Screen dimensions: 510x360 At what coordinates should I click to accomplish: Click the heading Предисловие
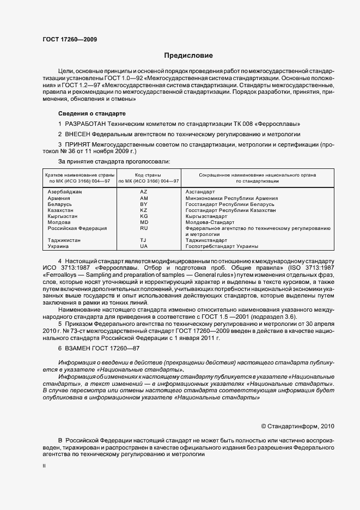click(x=188, y=56)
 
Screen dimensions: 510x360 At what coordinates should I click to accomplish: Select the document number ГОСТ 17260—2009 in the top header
click(x=70, y=39)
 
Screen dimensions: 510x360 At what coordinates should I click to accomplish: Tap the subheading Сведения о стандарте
click(x=91, y=113)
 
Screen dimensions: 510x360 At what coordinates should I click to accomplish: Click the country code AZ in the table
click(x=144, y=192)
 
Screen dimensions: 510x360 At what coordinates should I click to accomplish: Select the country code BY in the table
click(x=144, y=204)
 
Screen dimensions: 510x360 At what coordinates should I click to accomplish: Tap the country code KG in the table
click(x=144, y=216)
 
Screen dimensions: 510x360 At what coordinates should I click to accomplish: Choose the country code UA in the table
click(x=144, y=246)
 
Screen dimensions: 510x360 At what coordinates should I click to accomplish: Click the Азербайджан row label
click(x=65, y=192)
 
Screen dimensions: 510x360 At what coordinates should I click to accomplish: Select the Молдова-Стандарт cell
click(x=210, y=222)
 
